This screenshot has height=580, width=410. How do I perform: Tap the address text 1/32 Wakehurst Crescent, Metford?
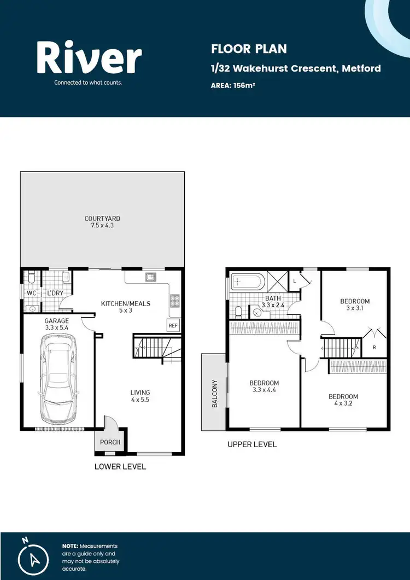coord(296,68)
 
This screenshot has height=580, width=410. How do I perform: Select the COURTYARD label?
coord(102,219)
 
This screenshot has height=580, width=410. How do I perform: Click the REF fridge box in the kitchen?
coord(173,325)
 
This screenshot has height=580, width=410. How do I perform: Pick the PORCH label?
coord(107,442)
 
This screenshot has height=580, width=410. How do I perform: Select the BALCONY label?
coord(215,394)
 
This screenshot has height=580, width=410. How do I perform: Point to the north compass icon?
coord(33,557)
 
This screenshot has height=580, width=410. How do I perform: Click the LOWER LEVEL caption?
coord(120,466)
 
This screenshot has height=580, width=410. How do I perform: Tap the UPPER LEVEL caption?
coord(252,444)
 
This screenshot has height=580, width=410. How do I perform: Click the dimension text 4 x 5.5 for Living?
coord(140,400)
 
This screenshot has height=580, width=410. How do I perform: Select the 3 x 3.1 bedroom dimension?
coord(355,308)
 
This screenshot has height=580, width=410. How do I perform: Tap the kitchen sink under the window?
coord(150,277)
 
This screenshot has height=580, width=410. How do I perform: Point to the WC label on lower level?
coord(31,294)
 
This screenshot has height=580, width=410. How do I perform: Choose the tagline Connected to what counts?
coord(87,83)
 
